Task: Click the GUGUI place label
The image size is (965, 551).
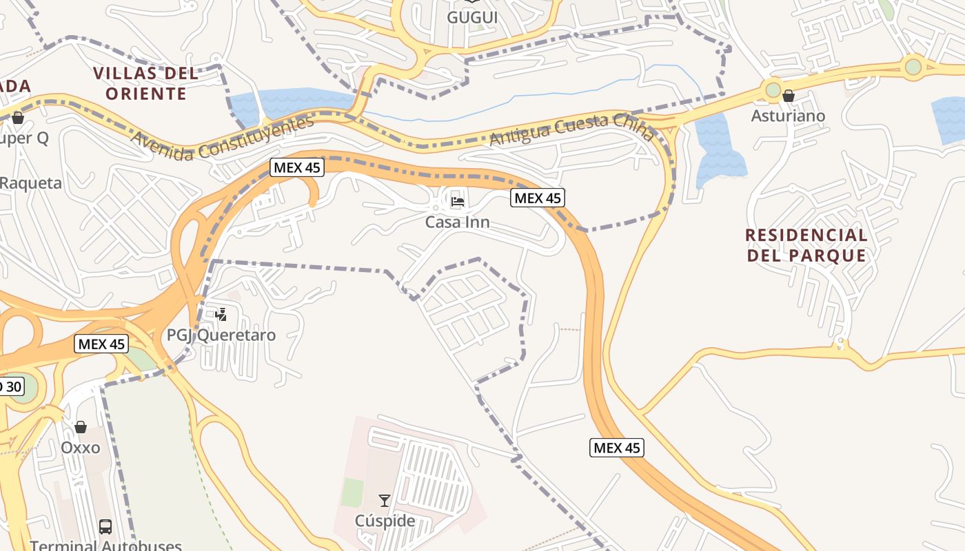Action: click(472, 17)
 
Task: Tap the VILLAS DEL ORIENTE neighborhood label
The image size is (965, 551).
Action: click(145, 83)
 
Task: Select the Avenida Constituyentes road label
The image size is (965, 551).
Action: click(222, 138)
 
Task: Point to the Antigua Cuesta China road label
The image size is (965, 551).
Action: click(571, 129)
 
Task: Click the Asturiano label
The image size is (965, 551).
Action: click(788, 116)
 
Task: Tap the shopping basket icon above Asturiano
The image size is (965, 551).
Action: click(789, 96)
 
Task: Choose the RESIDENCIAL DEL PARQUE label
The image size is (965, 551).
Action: click(806, 245)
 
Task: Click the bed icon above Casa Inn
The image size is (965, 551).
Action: click(457, 202)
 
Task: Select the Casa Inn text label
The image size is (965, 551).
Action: click(457, 222)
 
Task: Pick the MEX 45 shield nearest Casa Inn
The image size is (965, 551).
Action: click(538, 198)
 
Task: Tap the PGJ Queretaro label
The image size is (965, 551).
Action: click(221, 335)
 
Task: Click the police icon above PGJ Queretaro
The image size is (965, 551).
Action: click(221, 315)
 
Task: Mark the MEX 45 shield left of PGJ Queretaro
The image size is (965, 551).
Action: click(101, 344)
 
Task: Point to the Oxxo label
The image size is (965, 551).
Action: click(81, 448)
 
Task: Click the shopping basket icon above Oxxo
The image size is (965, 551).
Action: click(81, 427)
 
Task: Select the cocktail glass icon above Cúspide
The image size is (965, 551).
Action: click(385, 501)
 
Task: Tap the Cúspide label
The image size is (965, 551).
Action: click(385, 521)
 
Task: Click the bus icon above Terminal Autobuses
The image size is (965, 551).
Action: click(105, 527)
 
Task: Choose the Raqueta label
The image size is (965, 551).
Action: click(31, 183)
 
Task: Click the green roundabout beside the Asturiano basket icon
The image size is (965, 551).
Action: click(773, 90)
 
